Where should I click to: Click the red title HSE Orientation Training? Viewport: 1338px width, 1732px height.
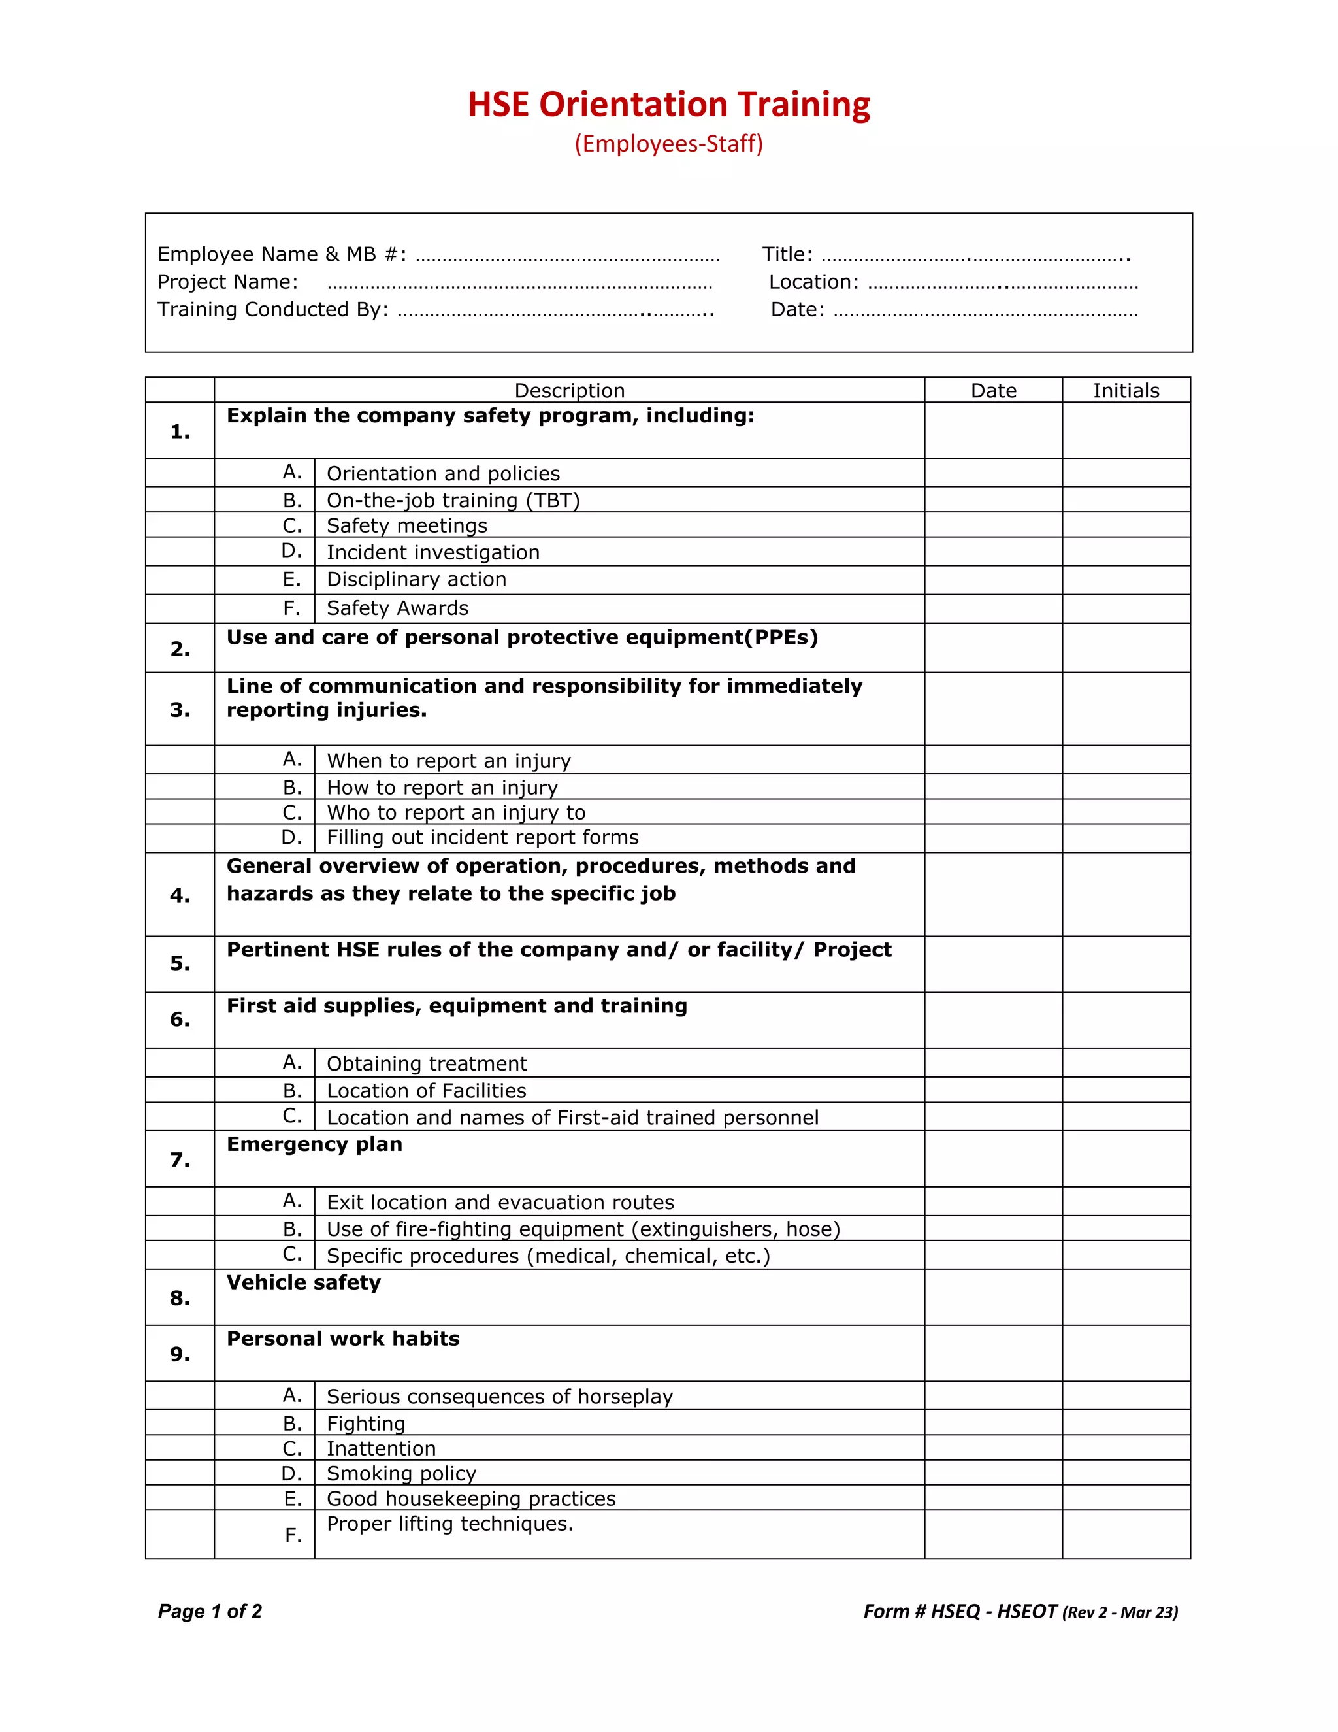pyautogui.click(x=668, y=105)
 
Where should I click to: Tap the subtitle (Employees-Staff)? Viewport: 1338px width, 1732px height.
pyautogui.click(x=668, y=144)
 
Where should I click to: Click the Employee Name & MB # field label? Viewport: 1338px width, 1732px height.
pyautogui.click(x=282, y=254)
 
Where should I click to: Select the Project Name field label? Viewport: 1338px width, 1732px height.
pyautogui.click(x=227, y=282)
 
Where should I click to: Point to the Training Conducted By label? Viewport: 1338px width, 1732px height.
pyautogui.click(x=272, y=309)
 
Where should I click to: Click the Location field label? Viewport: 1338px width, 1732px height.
pyautogui.click(x=813, y=282)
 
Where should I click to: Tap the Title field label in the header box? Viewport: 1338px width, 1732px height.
pyautogui.click(x=787, y=254)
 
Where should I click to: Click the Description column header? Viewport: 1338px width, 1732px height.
pyautogui.click(x=569, y=390)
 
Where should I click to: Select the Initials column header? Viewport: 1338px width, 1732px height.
pyautogui.click(x=1126, y=390)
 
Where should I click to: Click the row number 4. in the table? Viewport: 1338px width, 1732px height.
pyautogui.click(x=180, y=895)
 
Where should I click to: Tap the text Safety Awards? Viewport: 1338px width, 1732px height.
pyautogui.click(x=397, y=608)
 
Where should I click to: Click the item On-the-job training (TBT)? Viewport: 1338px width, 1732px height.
pyautogui.click(x=453, y=501)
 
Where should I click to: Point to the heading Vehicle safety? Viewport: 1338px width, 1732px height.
pyautogui.click(x=304, y=1282)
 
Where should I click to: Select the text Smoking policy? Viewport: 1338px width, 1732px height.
pyautogui.click(x=401, y=1473)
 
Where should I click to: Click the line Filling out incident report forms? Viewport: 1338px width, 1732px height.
pyautogui.click(x=482, y=837)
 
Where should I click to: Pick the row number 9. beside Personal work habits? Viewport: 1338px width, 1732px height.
pyautogui.click(x=180, y=1354)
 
